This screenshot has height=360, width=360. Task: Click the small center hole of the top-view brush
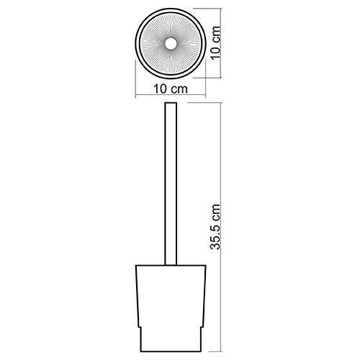point(171,43)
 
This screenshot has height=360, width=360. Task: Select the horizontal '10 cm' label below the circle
point(171,89)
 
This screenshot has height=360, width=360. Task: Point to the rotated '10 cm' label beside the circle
point(215,42)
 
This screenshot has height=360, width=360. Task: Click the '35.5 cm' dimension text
point(215,227)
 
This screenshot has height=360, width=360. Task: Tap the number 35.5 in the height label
point(215,235)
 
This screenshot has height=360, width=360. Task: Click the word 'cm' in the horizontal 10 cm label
point(179,89)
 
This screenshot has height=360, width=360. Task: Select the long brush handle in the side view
point(171,184)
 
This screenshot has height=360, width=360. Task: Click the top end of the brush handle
point(171,103)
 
